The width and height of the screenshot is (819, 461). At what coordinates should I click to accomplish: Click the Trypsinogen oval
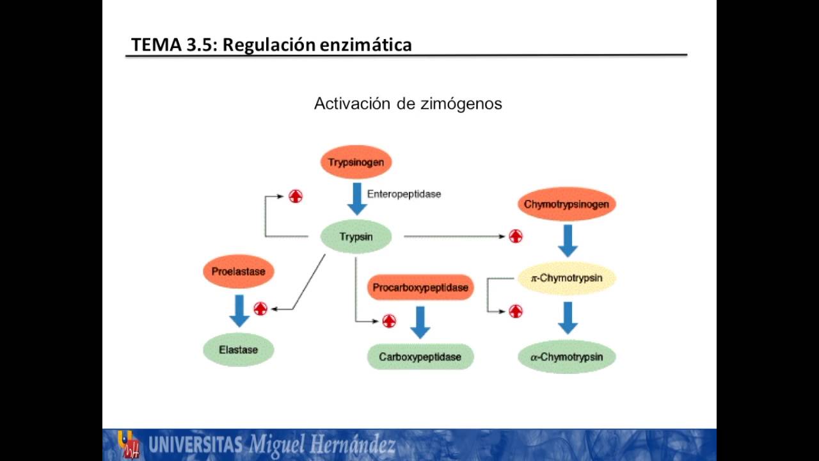(356, 162)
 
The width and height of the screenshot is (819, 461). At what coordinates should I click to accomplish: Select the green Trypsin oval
(356, 237)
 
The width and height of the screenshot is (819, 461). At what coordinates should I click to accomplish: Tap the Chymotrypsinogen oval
(566, 204)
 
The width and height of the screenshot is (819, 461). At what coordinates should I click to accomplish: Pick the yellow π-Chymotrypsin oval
(566, 279)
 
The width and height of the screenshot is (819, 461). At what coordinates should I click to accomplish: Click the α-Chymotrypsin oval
(566, 357)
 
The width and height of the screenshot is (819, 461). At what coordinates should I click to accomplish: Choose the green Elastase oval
(238, 350)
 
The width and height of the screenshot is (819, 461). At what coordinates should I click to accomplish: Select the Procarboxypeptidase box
(420, 287)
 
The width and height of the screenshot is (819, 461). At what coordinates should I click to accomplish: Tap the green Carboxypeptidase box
(420, 357)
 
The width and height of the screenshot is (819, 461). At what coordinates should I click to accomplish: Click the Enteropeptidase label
(404, 194)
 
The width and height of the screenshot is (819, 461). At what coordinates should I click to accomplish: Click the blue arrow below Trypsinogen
(356, 198)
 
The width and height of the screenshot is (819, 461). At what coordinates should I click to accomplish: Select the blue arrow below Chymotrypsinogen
(568, 241)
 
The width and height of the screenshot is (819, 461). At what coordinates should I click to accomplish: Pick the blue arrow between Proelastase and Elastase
(239, 311)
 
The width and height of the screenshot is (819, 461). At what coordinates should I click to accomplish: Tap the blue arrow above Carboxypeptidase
(420, 322)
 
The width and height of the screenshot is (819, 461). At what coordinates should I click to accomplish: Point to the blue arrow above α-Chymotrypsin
(568, 318)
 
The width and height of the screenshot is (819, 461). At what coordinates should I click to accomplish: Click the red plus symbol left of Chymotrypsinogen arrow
(516, 236)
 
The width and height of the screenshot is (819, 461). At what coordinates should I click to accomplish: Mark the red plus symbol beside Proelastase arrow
(260, 309)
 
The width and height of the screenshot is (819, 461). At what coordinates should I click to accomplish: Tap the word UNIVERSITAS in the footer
(195, 444)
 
